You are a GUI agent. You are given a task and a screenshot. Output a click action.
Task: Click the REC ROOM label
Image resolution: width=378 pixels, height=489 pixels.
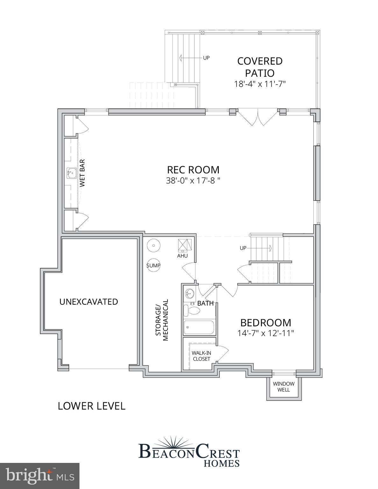coord(193,169)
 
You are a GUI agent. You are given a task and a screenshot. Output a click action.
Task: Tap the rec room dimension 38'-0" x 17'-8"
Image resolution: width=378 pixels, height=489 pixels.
coord(193,181)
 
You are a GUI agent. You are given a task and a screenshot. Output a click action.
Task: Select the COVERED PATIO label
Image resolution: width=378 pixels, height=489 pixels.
coord(260,67)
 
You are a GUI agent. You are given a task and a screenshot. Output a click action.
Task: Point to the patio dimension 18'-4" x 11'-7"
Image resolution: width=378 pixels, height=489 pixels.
coord(260,84)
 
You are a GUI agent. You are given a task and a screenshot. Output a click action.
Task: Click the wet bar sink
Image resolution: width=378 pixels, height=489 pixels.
coord(71,174)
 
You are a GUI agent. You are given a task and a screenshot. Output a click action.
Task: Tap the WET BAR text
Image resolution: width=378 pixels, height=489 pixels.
coord(82,173)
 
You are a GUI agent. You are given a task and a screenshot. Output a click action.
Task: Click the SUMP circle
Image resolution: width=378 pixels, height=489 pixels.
coord(153,265)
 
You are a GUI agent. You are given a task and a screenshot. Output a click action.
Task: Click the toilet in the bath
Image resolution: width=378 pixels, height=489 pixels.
coord(191,311)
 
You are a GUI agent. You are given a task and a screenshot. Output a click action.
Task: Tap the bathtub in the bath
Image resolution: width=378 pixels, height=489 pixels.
coord(199,327)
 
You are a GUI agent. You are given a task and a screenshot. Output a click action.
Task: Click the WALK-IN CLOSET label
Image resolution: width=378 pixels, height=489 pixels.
coord(201,356)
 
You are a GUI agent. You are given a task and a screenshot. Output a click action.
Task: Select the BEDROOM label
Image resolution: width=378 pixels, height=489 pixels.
coord(266,323)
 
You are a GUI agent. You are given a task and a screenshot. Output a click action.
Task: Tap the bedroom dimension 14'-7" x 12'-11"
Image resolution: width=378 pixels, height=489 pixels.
coord(266,333)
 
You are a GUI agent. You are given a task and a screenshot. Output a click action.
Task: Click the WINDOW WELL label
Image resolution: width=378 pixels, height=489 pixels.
coord(283,386)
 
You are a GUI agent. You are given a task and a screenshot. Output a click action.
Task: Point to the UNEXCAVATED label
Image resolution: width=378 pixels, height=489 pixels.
coord(89,301)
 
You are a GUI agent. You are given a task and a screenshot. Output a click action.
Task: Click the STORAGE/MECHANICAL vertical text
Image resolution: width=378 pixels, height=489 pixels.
coord(162,320)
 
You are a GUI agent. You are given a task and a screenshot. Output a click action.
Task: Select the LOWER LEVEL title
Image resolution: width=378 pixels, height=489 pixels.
coord(91,406)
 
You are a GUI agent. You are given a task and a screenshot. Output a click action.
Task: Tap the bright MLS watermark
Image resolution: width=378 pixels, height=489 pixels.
coord(39,476)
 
